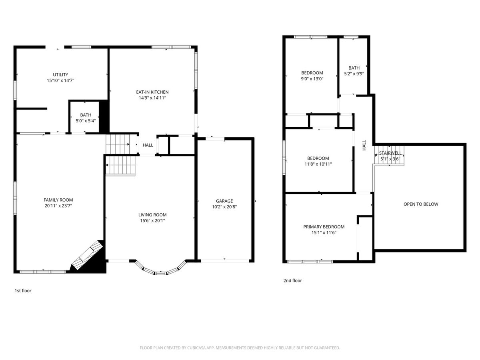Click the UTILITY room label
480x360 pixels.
pyautogui.click(x=60, y=74)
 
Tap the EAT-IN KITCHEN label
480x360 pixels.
pyautogui.click(x=152, y=92)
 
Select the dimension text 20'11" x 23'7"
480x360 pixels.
pyautogui.click(x=58, y=206)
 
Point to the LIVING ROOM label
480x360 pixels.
pyautogui.click(x=152, y=215)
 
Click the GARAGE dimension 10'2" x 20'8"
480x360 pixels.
pyautogui.click(x=224, y=207)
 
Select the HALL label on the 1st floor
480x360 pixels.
pyautogui.click(x=148, y=145)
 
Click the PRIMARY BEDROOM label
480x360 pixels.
pyautogui.click(x=324, y=227)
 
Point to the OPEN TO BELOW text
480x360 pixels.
pyautogui.click(x=421, y=204)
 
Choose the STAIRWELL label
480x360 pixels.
pyautogui.click(x=390, y=153)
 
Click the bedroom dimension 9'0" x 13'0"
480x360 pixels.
pyautogui.click(x=312, y=79)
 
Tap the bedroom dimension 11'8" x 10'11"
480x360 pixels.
pyautogui.click(x=318, y=164)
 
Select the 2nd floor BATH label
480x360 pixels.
pyautogui.click(x=354, y=68)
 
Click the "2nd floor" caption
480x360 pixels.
pyautogui.click(x=292, y=281)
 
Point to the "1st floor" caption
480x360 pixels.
pyautogui.click(x=23, y=291)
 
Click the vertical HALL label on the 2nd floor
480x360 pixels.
pyautogui.click(x=364, y=145)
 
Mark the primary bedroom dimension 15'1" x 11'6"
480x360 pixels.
pyautogui.click(x=324, y=233)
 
